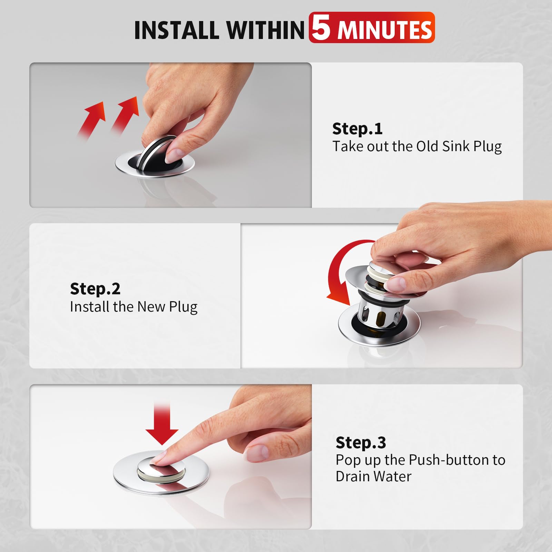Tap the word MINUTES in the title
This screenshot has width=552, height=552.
(385, 30)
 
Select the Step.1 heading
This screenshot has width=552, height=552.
(357, 129)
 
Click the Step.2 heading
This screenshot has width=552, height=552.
(95, 289)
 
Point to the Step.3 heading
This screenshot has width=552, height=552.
(361, 443)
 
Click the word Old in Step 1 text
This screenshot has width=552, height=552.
(427, 146)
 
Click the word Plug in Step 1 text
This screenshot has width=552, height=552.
(487, 146)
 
